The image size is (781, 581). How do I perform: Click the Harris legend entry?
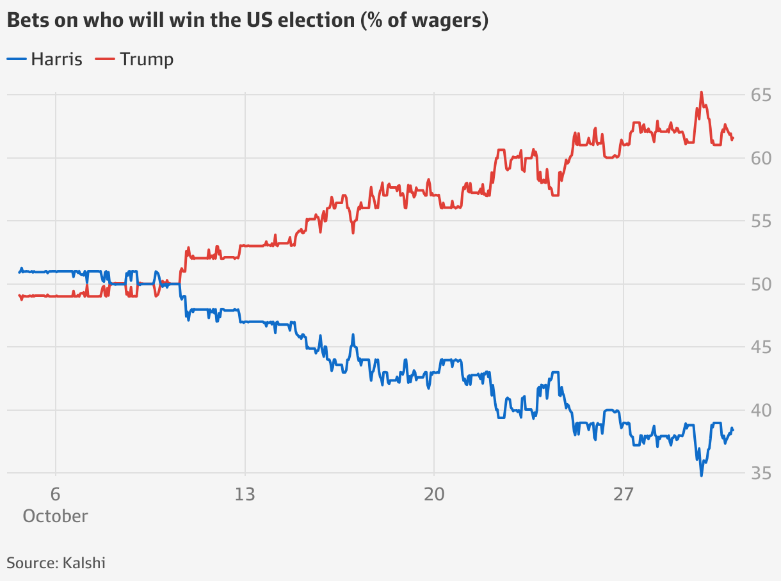point(45,60)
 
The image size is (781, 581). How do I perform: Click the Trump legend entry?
point(134,60)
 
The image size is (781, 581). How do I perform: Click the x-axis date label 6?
point(56,495)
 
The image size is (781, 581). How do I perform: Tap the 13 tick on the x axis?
point(245,495)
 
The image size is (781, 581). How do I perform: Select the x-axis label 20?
point(434,495)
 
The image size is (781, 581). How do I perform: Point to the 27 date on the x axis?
point(624,495)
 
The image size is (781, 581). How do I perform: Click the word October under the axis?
point(56,516)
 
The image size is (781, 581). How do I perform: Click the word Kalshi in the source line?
point(84,563)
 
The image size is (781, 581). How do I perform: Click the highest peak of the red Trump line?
point(701,92)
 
